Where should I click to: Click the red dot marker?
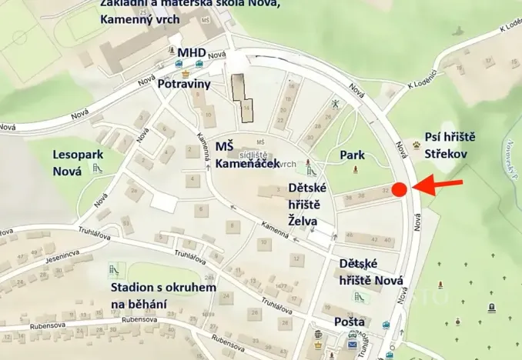pos(399,189)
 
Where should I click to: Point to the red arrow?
pos(440,185)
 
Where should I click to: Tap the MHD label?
pos(192,52)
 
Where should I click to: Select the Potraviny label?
pos(185,85)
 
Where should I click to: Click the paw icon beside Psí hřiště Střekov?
pos(417,144)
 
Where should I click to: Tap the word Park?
pos(352,155)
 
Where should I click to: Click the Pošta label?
pos(349,321)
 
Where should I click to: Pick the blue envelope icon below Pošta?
pos(353,344)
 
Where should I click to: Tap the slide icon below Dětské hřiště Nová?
pos(358,296)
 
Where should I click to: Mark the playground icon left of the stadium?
pos(113,271)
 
